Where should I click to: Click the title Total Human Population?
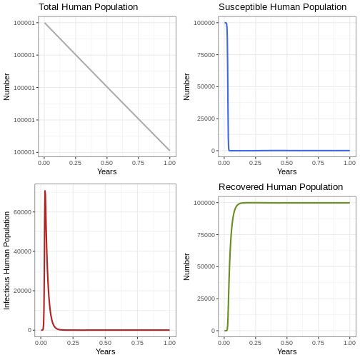coord(89,7)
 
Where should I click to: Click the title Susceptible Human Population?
coord(282,7)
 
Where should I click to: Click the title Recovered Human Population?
coord(281,187)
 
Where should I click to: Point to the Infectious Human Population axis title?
coord(6,261)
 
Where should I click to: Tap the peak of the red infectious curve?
coord(45,191)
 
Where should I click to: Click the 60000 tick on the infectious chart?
coord(23,212)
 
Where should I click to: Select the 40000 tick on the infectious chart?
coord(23,251)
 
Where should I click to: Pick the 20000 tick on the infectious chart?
coord(23,291)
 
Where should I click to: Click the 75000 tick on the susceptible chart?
coord(206,55)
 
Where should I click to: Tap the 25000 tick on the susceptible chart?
coord(206,119)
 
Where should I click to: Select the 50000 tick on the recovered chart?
coord(206,266)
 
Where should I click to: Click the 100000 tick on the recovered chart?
coord(204,203)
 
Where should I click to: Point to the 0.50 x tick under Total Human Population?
coord(106,163)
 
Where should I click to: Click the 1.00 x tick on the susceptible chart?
coord(349,163)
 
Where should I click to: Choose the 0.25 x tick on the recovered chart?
coord(255,343)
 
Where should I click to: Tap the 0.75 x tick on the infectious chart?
coord(137,343)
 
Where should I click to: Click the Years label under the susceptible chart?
coord(287,171)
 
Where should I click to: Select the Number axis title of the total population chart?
coord(6,86)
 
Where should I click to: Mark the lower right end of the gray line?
coord(169,150)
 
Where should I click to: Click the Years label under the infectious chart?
coord(106,351)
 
